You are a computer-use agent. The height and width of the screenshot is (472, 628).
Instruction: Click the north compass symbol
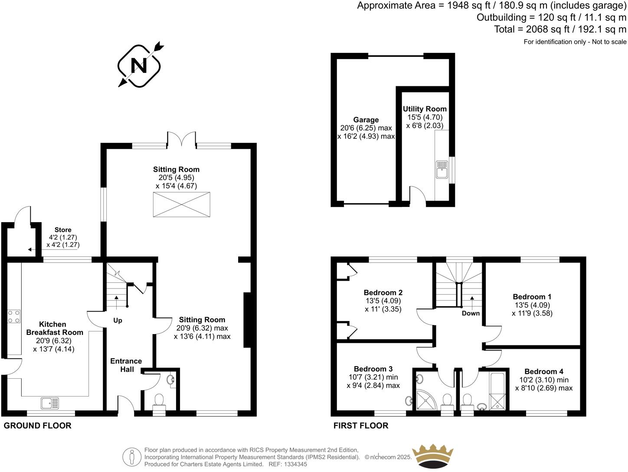139,65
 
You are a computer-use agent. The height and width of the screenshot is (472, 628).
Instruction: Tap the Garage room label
366,120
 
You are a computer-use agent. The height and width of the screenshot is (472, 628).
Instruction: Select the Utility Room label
424,109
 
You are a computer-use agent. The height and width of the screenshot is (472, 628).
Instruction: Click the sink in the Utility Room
442,170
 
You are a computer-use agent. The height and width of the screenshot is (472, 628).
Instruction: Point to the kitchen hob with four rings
13,316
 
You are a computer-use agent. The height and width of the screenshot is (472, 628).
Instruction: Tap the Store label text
63,230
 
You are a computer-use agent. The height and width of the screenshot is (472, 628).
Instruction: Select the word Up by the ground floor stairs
118,321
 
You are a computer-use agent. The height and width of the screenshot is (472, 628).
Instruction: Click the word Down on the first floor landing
471,313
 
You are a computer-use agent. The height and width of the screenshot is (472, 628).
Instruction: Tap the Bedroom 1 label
532,297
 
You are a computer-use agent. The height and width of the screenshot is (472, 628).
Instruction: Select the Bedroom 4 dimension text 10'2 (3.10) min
544,380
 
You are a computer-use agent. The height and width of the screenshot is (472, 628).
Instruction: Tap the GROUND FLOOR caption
37,426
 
